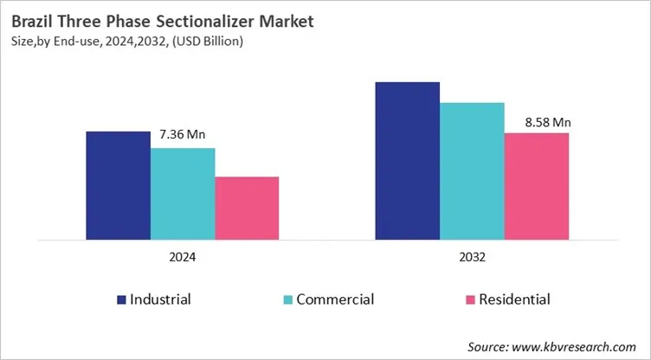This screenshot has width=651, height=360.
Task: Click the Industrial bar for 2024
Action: point(118,185)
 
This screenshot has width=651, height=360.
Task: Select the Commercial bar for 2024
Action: point(183,193)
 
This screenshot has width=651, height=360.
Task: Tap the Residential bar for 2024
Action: point(247,208)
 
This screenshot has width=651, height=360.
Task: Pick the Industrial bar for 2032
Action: point(407,160)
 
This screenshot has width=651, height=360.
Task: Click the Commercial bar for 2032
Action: point(472,170)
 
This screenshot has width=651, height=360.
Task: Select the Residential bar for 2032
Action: point(537,185)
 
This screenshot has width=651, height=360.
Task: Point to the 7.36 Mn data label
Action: point(183,134)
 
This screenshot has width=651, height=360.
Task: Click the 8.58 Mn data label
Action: point(548,122)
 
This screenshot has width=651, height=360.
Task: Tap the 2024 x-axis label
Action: point(183,257)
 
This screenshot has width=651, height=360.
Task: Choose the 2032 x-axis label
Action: point(472,257)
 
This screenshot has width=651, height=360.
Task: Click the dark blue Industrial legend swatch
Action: point(121,300)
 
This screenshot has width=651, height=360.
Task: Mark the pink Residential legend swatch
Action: point(471,300)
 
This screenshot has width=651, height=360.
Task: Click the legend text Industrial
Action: point(160,299)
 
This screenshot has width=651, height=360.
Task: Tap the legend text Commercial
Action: point(335,299)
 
